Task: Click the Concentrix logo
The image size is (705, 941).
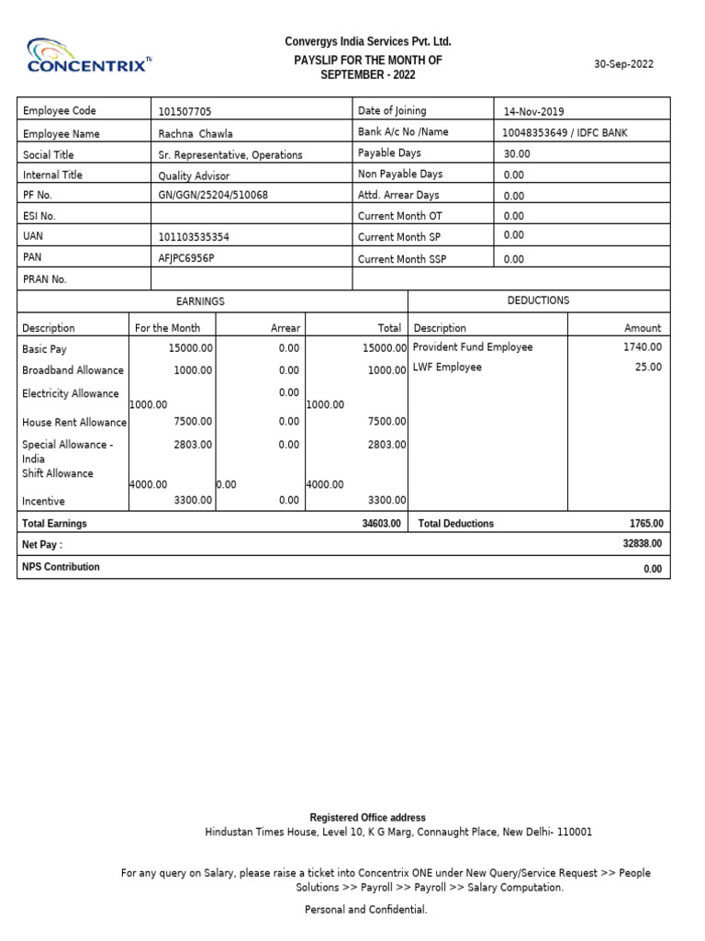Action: pyautogui.click(x=90, y=56)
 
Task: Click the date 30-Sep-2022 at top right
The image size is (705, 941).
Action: pyautogui.click(x=623, y=64)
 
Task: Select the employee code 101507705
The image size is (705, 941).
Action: pyautogui.click(x=185, y=112)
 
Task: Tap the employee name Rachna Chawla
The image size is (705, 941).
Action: pyautogui.click(x=196, y=134)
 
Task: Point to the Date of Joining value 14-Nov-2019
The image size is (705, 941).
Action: pyautogui.click(x=534, y=112)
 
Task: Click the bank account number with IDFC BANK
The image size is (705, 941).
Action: pyautogui.click(x=565, y=133)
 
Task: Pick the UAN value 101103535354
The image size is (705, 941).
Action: pyautogui.click(x=194, y=237)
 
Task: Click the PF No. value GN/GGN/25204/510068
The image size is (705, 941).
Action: pyautogui.click(x=214, y=196)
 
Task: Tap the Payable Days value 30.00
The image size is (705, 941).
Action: pyautogui.click(x=517, y=154)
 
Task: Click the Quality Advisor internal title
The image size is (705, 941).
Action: pyautogui.click(x=194, y=176)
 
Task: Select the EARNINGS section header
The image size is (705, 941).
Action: pyautogui.click(x=199, y=301)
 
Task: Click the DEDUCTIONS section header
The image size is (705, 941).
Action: pyautogui.click(x=538, y=300)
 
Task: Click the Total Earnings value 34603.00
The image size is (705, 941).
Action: pyautogui.click(x=381, y=524)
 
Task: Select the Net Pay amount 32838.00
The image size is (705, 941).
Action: pyautogui.click(x=642, y=544)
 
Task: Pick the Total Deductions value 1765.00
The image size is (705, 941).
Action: pyautogui.click(x=645, y=524)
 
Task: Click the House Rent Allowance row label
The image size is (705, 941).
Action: pyautogui.click(x=74, y=423)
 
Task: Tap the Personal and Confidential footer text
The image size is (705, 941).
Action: pyautogui.click(x=365, y=910)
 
